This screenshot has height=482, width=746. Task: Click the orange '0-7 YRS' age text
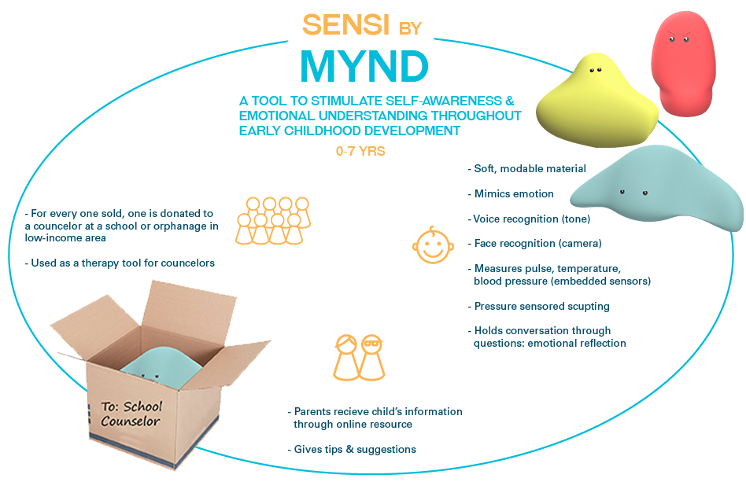click(360, 150)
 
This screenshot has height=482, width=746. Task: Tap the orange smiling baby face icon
click(433, 245)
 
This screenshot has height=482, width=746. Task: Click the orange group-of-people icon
click(272, 221)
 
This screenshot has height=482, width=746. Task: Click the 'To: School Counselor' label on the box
click(132, 414)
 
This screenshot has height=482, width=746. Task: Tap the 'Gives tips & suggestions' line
click(352, 449)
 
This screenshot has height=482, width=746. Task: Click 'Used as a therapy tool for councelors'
click(120, 263)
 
